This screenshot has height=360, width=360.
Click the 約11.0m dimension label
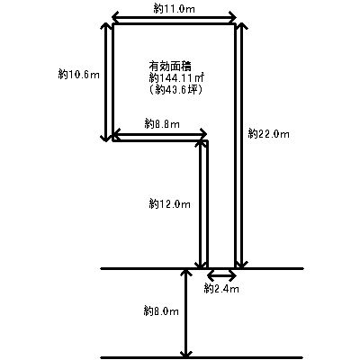[174, 9]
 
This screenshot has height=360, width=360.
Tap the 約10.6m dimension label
[78, 74]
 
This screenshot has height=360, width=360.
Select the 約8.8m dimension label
[162, 123]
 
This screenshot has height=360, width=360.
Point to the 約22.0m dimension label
[269, 133]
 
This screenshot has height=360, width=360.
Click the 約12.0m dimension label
[169, 204]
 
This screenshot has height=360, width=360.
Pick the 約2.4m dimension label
[221, 289]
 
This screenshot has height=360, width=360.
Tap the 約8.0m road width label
[161, 311]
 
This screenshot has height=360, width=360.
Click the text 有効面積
[170, 66]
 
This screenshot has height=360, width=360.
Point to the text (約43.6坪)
[175, 89]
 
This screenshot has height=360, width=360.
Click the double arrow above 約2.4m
[222, 274]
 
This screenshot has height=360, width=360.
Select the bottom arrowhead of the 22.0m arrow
[241, 265]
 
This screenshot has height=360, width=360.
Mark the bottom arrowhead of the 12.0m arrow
[201, 265]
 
